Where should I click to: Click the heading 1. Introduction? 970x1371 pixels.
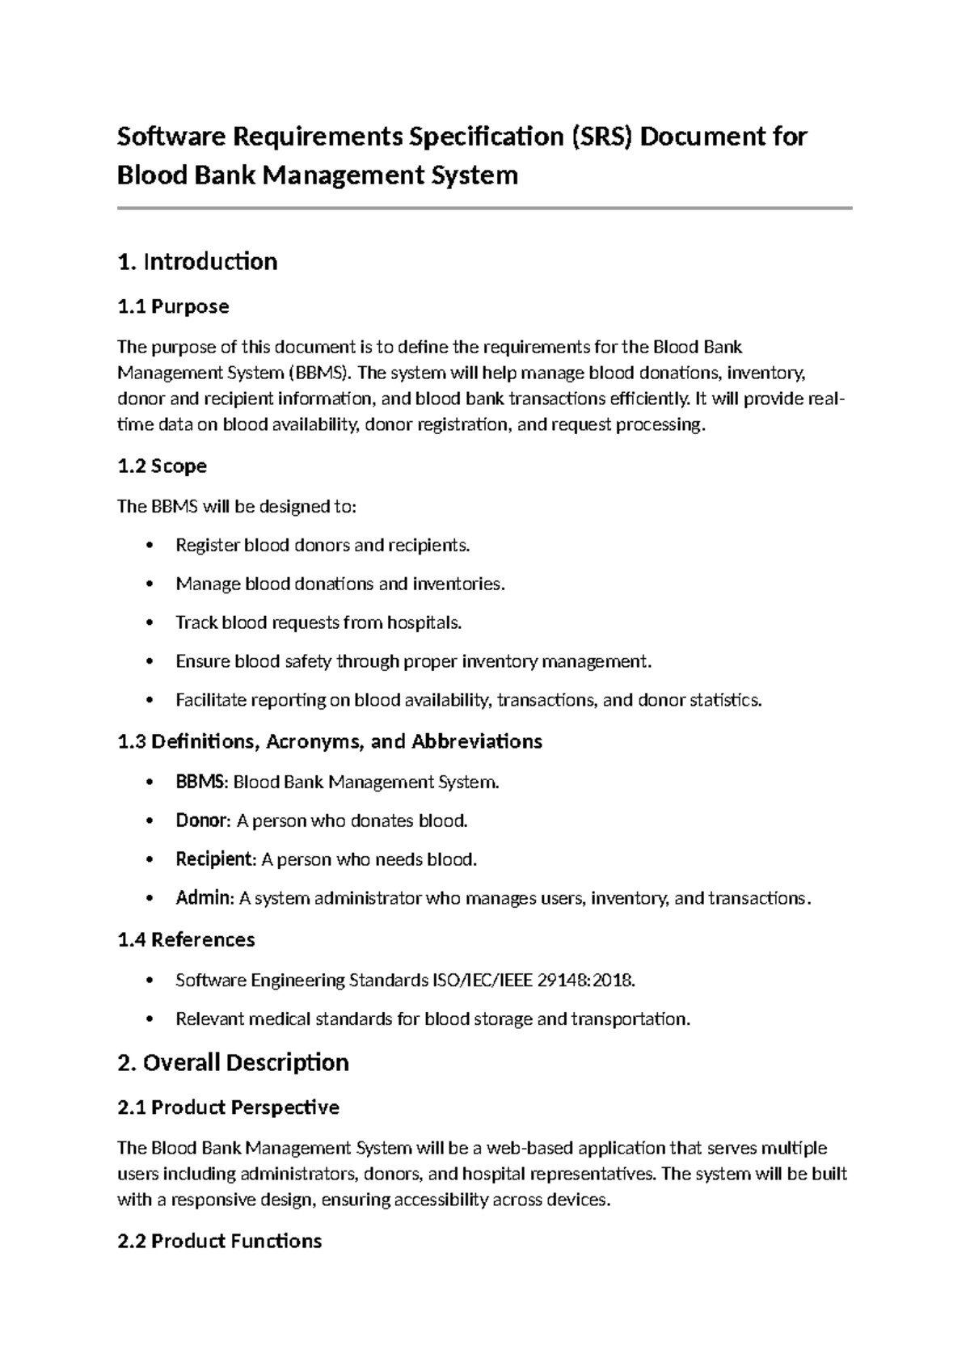click(x=197, y=262)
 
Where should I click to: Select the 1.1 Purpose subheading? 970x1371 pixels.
click(x=173, y=306)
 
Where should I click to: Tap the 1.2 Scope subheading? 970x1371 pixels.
click(x=162, y=466)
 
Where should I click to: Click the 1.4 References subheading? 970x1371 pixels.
click(x=186, y=939)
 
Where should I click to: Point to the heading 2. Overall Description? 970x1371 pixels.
click(x=233, y=1062)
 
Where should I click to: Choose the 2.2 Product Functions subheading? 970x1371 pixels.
click(x=219, y=1241)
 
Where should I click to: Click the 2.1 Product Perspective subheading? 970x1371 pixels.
click(x=228, y=1107)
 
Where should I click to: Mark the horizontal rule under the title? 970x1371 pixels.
click(x=485, y=209)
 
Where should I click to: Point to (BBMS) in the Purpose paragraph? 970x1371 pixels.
click(x=320, y=373)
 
